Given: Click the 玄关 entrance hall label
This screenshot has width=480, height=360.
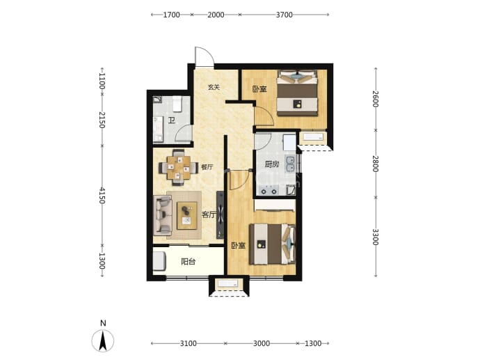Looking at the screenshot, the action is (x=214, y=87).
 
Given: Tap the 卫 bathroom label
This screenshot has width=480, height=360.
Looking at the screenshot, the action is (x=172, y=120).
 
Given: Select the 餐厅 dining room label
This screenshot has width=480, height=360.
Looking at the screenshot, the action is (x=207, y=167).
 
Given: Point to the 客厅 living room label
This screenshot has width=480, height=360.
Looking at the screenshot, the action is (x=209, y=214).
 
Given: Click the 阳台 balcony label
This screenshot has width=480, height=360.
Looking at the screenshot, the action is (x=189, y=262).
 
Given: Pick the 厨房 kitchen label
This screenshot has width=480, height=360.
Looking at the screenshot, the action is (x=272, y=164).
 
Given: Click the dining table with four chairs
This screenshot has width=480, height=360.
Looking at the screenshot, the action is (x=178, y=168).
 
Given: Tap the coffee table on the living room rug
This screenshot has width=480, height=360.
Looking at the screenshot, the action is (x=187, y=216).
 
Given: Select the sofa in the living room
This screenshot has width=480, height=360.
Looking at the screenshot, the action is (x=163, y=216).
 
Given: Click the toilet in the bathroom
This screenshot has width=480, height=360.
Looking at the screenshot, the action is (x=177, y=104).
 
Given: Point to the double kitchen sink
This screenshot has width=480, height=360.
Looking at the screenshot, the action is (x=289, y=164).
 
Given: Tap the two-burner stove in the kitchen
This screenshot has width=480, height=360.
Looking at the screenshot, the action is (x=269, y=191).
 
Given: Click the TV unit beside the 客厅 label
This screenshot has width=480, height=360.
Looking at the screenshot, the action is (x=220, y=215).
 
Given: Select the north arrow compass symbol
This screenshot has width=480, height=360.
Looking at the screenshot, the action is (x=103, y=341).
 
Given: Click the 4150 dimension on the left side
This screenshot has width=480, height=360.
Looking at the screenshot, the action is (x=102, y=195).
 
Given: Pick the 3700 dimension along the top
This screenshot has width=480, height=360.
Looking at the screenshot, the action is (x=285, y=15).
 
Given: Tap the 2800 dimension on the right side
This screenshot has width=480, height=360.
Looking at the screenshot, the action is (x=376, y=164).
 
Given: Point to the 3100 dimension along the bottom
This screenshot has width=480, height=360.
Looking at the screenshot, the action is (x=189, y=343).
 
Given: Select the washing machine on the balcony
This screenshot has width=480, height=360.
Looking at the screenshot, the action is (x=159, y=261).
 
